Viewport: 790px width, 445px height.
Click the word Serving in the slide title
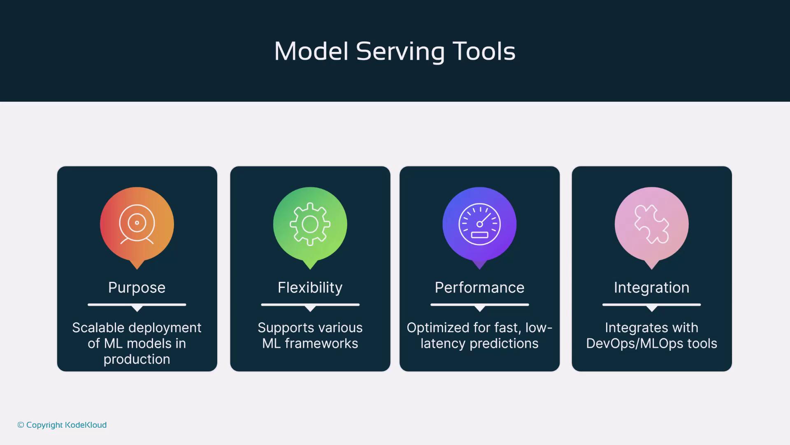(400, 52)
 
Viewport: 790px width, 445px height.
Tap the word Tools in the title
(484, 51)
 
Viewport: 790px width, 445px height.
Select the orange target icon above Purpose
(137, 224)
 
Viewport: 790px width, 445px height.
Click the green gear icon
(310, 224)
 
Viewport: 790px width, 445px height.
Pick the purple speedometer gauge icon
(480, 224)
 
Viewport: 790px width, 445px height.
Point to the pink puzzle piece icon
(652, 224)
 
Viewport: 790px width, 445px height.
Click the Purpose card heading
(137, 288)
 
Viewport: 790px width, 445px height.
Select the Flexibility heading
(310, 288)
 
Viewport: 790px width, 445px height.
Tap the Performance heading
(480, 288)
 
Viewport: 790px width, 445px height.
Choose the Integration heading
(652, 288)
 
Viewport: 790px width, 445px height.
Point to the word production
(137, 360)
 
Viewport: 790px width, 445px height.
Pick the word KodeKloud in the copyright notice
(86, 425)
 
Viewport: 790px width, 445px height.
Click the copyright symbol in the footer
(21, 425)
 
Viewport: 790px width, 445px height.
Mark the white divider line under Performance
(480, 305)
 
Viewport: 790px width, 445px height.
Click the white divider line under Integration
(652, 305)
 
